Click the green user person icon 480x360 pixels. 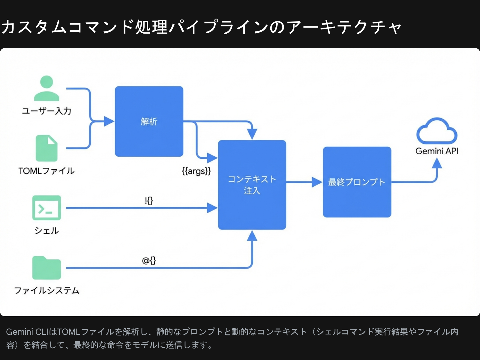pos(46,88)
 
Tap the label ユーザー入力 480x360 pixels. pos(46,111)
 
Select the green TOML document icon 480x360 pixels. pos(46,148)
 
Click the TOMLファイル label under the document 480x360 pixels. pos(46,171)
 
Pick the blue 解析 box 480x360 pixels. pos(149,121)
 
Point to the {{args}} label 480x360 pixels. pos(196,171)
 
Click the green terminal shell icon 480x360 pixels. pos(46,208)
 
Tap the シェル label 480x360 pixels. pos(46,230)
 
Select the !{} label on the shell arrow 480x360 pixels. pos(149,200)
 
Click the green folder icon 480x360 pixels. pos(46,268)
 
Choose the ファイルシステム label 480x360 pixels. pos(46,290)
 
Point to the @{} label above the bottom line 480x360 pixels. pos(149,260)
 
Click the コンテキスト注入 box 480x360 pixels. pos(252,185)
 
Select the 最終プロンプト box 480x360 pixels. pos(357,182)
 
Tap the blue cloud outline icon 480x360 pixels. pos(437,131)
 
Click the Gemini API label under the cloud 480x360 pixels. pos(437,151)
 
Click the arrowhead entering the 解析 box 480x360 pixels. pos(109,121)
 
